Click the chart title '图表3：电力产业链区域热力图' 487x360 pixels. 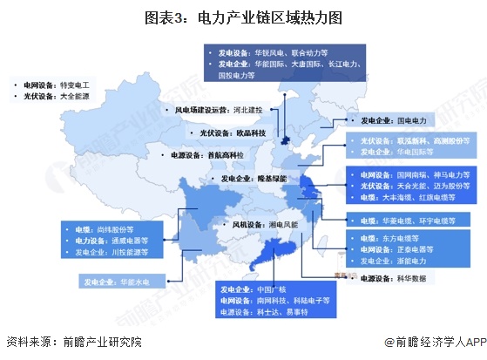tap(244, 16)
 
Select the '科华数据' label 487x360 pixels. tap(409, 279)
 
